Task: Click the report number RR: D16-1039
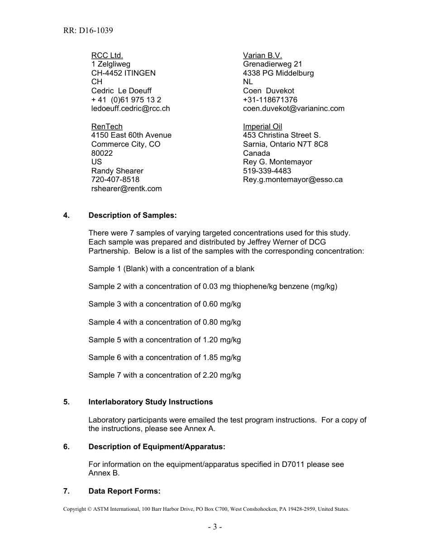tap(88, 31)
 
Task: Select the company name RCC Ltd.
tap(107, 55)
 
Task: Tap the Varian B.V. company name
tap(263, 55)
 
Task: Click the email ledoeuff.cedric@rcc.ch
tap(130, 109)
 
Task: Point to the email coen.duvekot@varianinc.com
tap(293, 109)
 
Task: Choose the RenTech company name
tap(107, 126)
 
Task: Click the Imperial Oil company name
tap(263, 126)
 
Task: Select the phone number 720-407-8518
tap(115, 180)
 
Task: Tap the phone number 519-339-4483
tap(267, 171)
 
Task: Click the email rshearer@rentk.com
tap(126, 189)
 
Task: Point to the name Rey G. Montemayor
tap(277, 162)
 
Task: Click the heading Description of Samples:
tap(132, 216)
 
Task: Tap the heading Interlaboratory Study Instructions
tap(150, 402)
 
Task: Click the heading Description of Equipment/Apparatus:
tap(157, 447)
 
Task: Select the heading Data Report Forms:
tap(124, 491)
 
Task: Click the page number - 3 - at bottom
tap(215, 527)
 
